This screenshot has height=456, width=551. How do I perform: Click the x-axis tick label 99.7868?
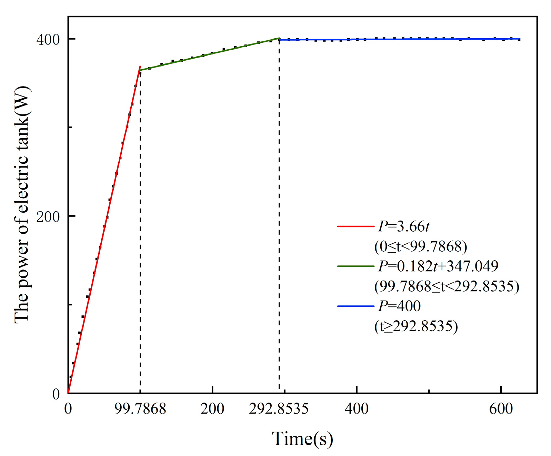pos(140,409)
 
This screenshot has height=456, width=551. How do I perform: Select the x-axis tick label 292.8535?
pos(279,409)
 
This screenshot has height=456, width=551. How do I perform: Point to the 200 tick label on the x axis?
pos(212,409)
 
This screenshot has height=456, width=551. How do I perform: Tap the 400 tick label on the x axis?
pos(357,409)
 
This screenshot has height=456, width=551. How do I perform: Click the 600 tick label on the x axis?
pos(501,409)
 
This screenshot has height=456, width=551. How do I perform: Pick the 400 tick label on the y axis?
pos(48,40)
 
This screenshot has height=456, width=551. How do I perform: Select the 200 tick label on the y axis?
pos(48,217)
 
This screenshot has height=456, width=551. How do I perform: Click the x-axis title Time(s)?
pos(302,439)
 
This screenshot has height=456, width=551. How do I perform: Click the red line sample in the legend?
pos(355,226)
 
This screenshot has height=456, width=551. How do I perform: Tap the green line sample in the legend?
pos(355,266)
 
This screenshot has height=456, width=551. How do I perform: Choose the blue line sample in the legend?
pos(355,306)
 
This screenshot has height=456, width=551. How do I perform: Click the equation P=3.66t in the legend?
pos(404,226)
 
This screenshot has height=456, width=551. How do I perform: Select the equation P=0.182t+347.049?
pos(438,266)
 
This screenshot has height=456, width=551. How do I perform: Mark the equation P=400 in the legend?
pos(399,306)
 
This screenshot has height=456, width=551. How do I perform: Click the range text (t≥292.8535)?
pos(416,326)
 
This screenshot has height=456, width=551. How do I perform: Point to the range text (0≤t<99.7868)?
pos(421,246)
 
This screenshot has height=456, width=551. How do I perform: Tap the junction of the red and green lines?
pos(140,70)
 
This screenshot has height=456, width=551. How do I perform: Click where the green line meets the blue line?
pos(279,39)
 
